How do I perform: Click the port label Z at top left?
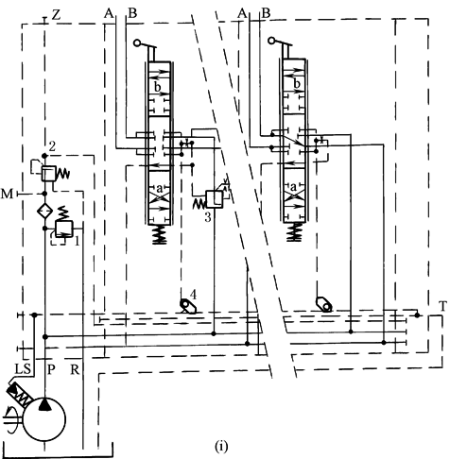click(56, 14)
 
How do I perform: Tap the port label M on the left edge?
click(7, 194)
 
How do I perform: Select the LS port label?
click(23, 369)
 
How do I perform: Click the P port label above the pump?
click(51, 369)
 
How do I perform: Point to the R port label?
click(75, 369)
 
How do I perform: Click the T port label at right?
click(442, 306)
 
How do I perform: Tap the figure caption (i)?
click(221, 446)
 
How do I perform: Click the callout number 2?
click(52, 146)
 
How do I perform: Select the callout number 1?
click(77, 242)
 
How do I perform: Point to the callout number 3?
click(208, 217)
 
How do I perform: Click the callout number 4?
click(193, 295)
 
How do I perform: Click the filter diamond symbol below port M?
click(44, 211)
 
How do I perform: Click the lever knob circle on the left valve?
click(137, 42)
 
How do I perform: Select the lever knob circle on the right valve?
click(271, 41)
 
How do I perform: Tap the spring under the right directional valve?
click(294, 232)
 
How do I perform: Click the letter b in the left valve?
click(158, 87)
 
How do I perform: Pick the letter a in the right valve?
click(293, 187)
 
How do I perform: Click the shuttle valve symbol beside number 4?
click(188, 306)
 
